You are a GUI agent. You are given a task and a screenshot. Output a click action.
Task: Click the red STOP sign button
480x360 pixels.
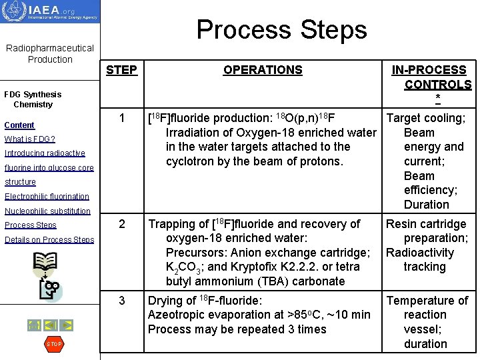tap(53, 344)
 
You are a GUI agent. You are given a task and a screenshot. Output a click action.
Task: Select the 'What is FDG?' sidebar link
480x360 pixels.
tap(29, 139)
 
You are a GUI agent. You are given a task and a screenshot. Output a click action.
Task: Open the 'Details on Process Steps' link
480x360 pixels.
tap(49, 240)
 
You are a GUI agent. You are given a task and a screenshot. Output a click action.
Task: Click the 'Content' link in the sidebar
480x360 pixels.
tap(19, 125)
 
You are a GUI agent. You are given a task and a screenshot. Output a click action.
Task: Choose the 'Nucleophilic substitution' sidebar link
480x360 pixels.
tap(47, 211)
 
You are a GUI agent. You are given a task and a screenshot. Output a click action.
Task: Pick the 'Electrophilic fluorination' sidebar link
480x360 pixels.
tap(47, 197)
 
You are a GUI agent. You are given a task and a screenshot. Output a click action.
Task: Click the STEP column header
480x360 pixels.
tap(121, 70)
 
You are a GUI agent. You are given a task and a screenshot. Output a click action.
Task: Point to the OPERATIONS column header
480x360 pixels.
tap(263, 70)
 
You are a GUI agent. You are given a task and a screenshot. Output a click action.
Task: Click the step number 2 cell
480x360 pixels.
tap(121, 224)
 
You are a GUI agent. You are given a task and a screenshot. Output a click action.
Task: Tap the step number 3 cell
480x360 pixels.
tap(121, 301)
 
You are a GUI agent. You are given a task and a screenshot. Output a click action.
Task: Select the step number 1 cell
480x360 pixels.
tap(121, 118)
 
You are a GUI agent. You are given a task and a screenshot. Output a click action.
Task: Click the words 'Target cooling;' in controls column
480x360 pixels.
tap(426, 119)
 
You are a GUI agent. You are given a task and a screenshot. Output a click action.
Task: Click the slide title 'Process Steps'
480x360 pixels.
tap(281, 29)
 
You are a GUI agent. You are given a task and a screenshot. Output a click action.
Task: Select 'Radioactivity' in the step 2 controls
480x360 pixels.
tap(419, 253)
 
